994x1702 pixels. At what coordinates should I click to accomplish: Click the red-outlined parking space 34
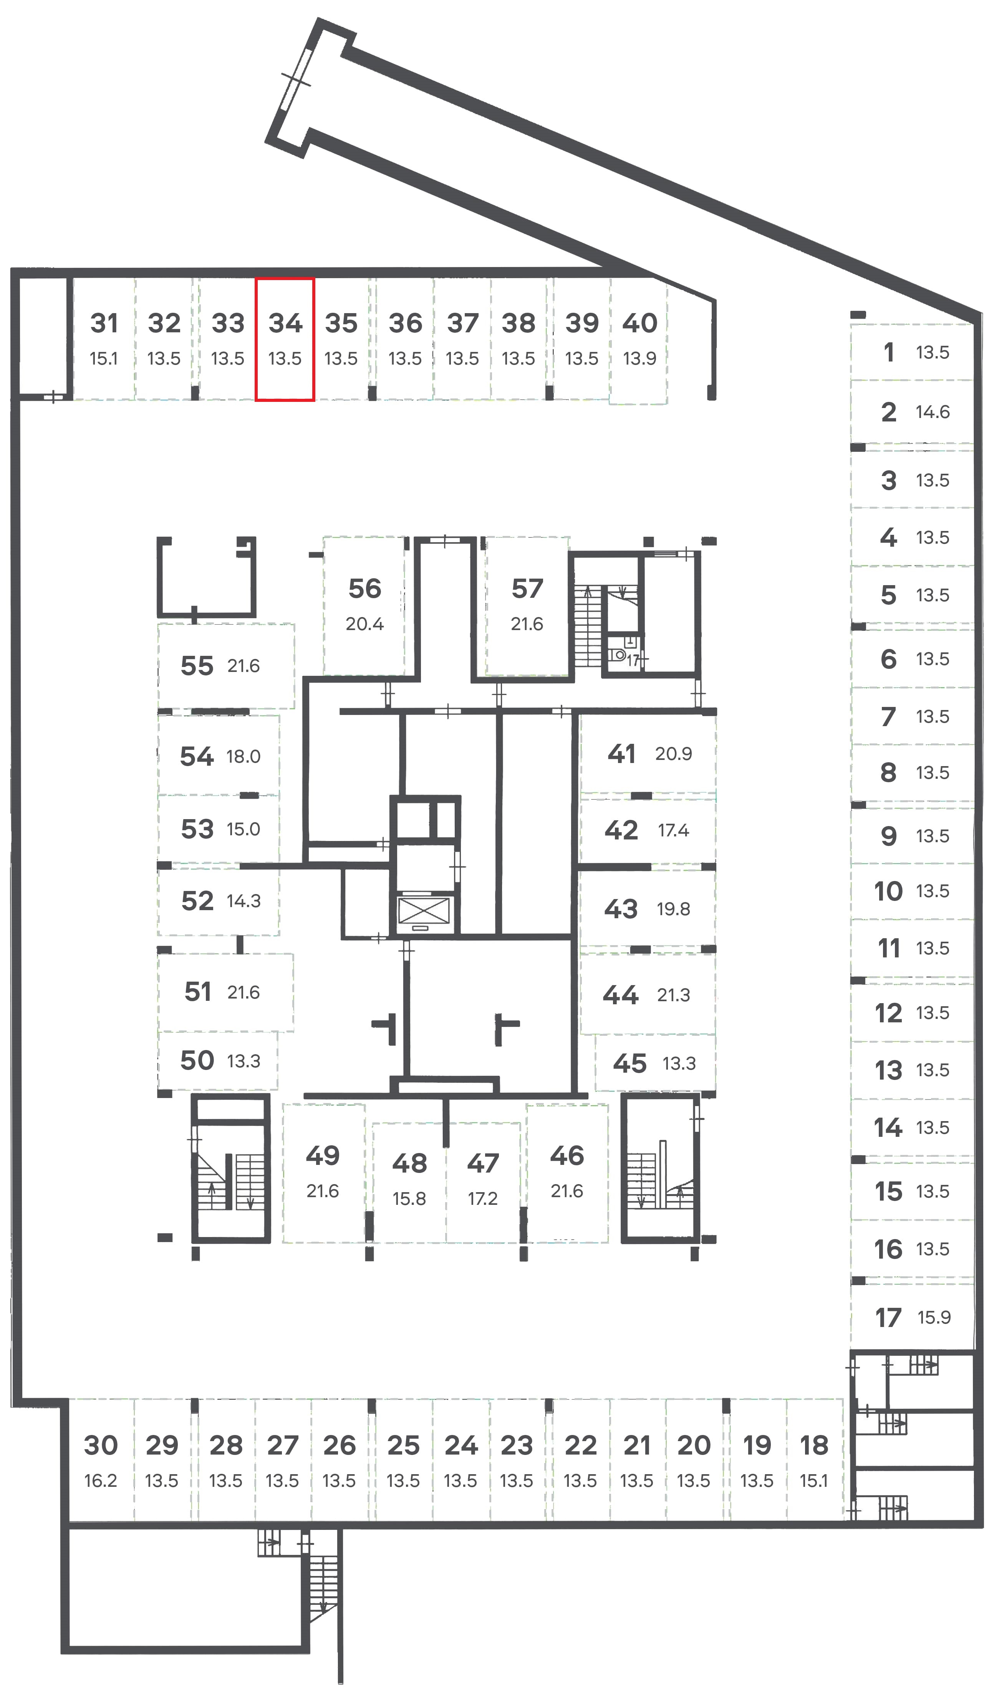tap(284, 339)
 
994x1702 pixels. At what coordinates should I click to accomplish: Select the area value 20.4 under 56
tap(364, 624)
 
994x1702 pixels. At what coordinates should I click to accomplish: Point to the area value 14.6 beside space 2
tap(933, 412)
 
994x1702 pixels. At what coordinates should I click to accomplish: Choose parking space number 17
tap(888, 1317)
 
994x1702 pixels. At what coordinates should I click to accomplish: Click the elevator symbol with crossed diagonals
tap(423, 911)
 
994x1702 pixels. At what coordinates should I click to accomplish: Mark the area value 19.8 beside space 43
tap(673, 909)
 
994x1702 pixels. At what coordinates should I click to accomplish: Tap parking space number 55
tap(197, 666)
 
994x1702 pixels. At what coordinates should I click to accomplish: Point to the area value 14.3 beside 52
tap(243, 901)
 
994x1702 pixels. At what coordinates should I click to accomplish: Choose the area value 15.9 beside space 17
tap(934, 1317)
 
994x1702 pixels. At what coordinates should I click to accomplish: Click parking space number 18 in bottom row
tap(814, 1445)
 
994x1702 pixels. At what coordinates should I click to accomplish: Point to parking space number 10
tap(888, 891)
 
